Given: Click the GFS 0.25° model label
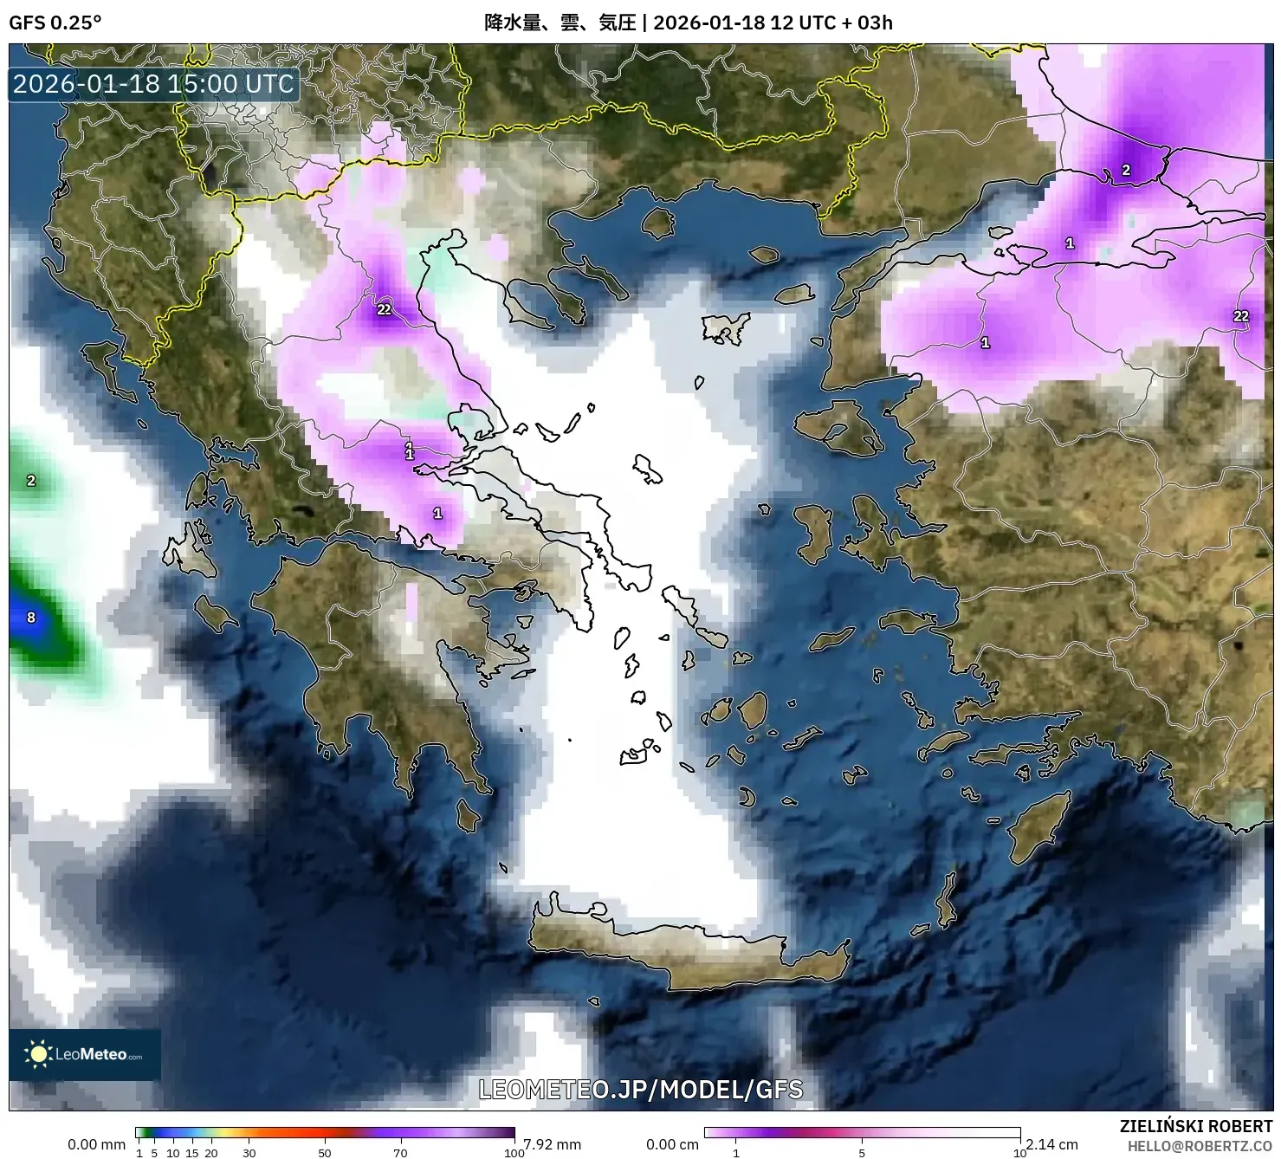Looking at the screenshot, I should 55,23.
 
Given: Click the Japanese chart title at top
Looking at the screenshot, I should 688,23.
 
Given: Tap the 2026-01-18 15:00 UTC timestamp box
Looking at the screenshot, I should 154,84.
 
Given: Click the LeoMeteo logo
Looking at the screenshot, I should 85,1054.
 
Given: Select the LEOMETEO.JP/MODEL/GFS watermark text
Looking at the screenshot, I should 641,1089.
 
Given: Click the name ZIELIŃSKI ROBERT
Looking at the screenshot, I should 1195,1127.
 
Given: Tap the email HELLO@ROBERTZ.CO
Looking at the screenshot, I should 1199,1146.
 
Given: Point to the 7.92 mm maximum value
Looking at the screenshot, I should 552,1144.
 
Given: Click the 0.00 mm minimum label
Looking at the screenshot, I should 96,1144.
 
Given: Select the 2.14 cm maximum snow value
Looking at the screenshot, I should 1051,1144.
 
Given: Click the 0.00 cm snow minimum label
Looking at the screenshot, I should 672,1144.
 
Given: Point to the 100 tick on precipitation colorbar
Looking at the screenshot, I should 514,1153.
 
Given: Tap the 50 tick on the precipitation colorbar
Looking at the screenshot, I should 325,1153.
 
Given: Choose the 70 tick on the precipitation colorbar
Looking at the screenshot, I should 400,1153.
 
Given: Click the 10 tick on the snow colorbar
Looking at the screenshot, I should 1019,1153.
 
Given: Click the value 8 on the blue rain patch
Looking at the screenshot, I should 31,618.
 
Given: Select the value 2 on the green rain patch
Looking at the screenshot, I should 31,481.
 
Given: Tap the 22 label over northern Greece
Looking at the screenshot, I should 384,309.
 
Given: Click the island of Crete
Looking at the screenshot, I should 684,953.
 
